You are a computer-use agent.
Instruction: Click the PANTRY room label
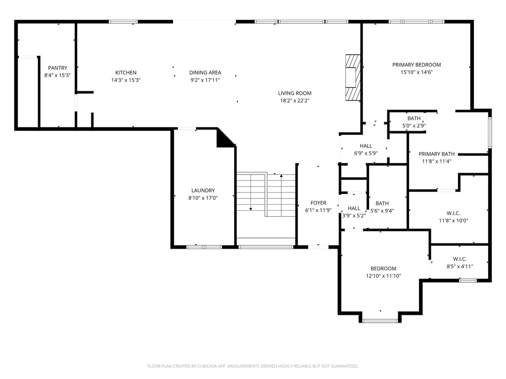tap(57, 68)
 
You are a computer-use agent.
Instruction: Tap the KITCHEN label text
tap(126, 73)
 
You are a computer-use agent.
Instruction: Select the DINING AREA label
tap(205, 73)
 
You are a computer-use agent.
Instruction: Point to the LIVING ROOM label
tap(295, 93)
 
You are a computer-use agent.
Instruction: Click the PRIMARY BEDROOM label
tap(417, 65)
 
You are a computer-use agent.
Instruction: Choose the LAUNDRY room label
tap(203, 191)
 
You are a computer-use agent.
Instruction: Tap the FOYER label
tap(319, 203)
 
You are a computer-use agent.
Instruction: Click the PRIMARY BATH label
tap(437, 154)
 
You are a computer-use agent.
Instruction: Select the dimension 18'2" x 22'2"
tap(295, 101)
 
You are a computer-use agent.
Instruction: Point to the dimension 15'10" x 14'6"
tap(417, 72)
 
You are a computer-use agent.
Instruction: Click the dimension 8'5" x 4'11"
tap(460, 266)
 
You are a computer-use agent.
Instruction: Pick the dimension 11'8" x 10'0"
tap(454, 221)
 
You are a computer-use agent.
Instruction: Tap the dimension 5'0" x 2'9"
tap(414, 126)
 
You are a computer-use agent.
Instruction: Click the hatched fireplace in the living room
tap(353, 77)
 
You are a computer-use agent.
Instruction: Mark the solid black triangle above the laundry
tap(225, 139)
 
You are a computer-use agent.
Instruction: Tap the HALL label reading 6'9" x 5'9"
tap(366, 150)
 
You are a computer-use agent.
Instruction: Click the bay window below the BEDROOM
tap(380, 321)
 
